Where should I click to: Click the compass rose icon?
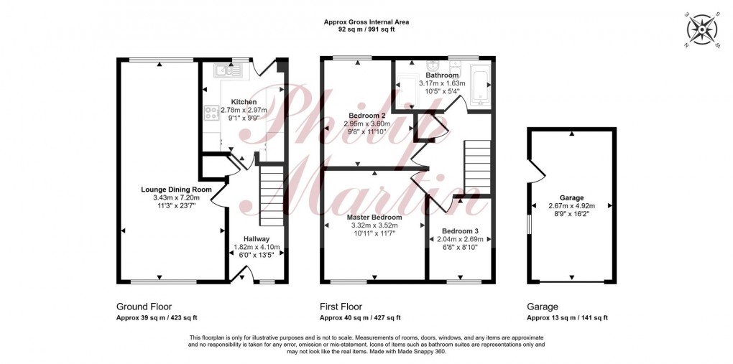(x=703, y=30)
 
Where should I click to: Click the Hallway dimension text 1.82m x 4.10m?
(x=256, y=246)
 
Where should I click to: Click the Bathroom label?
(x=442, y=75)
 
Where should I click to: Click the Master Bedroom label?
(x=374, y=217)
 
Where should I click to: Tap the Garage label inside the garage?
(x=572, y=197)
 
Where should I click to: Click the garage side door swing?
(x=534, y=174)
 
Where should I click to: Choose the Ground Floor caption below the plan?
(x=144, y=306)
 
